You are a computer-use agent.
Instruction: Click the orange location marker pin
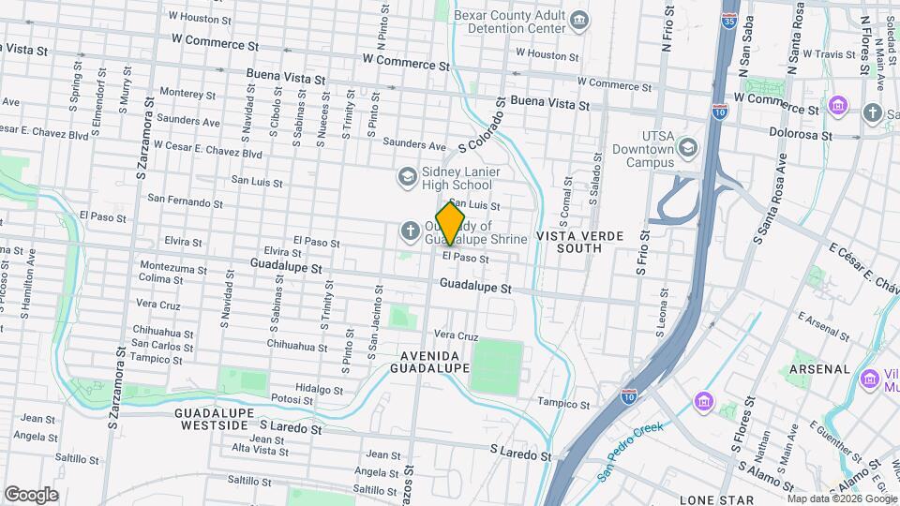coord(450,224)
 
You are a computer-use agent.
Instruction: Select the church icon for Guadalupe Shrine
coord(411,231)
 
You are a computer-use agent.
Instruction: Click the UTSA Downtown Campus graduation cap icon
coord(688,148)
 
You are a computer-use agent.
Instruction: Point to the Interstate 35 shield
coord(729,19)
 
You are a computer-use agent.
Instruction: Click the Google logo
coord(31,494)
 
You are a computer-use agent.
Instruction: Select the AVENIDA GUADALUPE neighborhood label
coord(434,362)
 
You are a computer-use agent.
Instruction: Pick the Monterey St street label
coord(187,93)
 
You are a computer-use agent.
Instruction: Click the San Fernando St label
coord(186,200)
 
